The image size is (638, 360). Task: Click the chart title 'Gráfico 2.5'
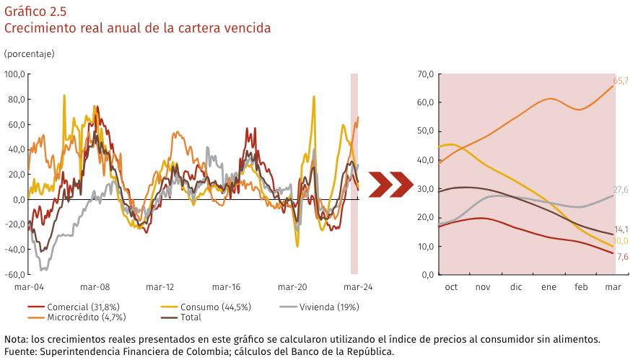[x=35, y=11]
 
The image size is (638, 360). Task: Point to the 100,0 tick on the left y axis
[x=14, y=74]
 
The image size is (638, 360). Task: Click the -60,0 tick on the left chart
[x=14, y=275]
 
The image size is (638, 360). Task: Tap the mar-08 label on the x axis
[x=95, y=286]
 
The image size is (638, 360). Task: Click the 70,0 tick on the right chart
[x=425, y=74]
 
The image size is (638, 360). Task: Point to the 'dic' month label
[x=516, y=287]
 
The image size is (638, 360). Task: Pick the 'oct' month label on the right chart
[x=452, y=287]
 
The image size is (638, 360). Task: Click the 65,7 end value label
[x=621, y=80]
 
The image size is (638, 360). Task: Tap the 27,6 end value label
[x=621, y=189]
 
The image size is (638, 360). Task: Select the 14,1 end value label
[x=621, y=229]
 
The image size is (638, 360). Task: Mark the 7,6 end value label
[x=621, y=257]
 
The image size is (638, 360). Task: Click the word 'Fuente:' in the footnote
[x=20, y=351]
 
